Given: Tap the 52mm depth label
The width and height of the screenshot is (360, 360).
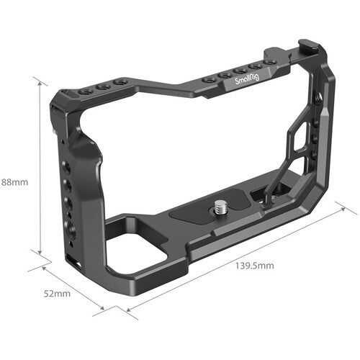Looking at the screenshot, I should [x=57, y=294].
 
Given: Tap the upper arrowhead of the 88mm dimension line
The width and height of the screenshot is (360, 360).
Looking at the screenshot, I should [x=40, y=82].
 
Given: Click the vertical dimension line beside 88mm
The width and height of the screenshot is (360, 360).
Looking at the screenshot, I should [x=40, y=166].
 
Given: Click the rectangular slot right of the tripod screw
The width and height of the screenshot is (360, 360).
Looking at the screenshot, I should [x=257, y=194].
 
